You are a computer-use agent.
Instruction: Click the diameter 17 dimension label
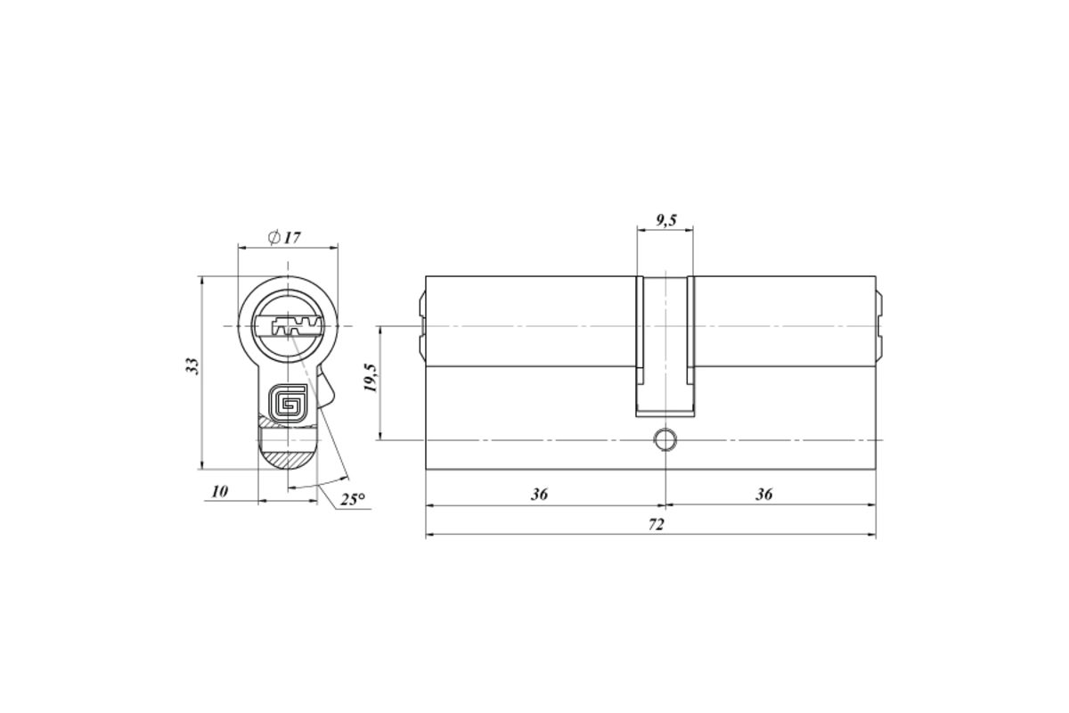285,237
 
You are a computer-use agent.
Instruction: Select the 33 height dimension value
192,365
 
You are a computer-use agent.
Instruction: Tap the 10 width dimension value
220,491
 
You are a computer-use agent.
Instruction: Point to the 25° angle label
353,499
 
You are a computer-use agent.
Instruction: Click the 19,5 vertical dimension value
371,378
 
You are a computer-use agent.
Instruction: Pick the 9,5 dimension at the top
666,220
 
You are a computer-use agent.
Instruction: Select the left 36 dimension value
539,494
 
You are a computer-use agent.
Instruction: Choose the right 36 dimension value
763,494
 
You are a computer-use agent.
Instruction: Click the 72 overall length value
657,524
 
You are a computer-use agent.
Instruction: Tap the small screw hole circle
665,440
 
